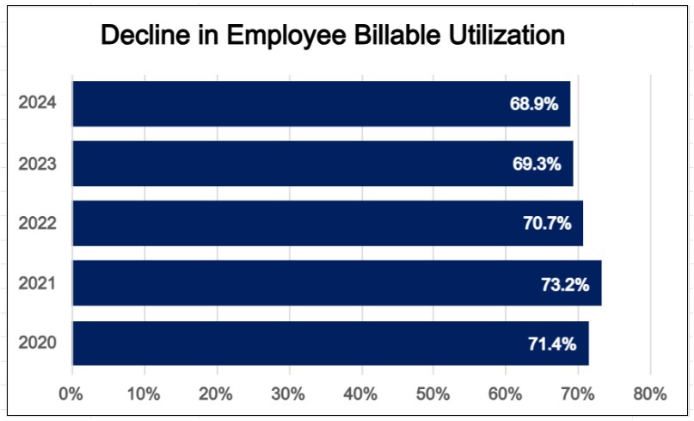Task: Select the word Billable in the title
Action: (x=379, y=35)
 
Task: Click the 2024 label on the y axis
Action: (x=38, y=103)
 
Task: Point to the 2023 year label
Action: (x=38, y=164)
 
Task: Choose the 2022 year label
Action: (x=38, y=223)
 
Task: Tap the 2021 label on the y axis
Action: (x=38, y=283)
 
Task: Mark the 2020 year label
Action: (x=38, y=343)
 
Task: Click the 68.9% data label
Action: (x=534, y=104)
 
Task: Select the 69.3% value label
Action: (x=537, y=164)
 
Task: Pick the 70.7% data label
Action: (x=547, y=224)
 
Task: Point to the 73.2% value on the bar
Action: (x=565, y=284)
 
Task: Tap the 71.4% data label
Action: (x=552, y=344)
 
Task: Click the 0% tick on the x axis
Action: (x=70, y=394)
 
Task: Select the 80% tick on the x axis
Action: (x=649, y=394)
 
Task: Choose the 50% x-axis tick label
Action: (x=433, y=394)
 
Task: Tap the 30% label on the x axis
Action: (x=288, y=394)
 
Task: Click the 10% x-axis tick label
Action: (x=144, y=394)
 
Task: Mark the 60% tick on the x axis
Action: (x=505, y=394)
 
